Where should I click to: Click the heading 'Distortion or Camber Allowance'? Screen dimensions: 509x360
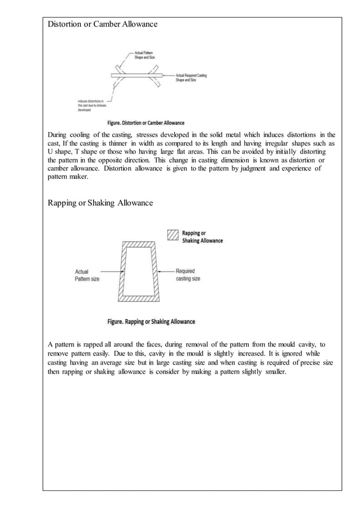102,24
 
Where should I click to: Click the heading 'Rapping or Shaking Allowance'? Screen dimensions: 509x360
100,202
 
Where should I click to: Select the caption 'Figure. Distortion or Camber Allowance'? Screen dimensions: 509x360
146,122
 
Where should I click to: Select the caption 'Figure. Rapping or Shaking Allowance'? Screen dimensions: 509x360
151,322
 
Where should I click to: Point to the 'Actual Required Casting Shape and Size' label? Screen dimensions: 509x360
191,77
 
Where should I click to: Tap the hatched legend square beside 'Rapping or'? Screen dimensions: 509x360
173,234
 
